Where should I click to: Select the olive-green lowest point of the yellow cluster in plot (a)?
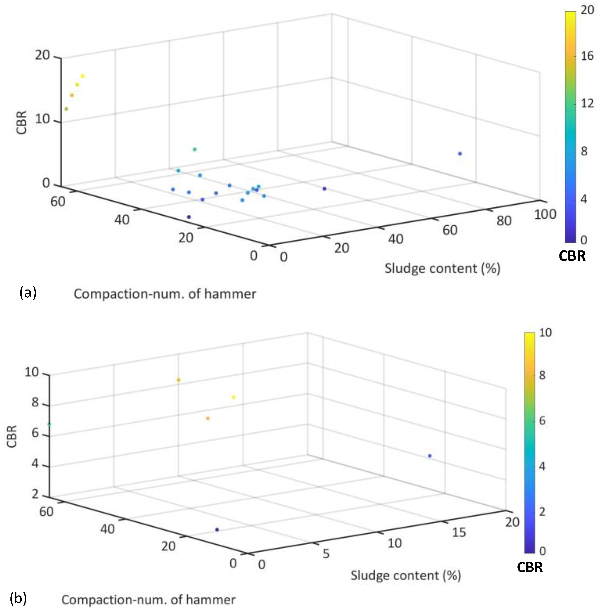pos(66,109)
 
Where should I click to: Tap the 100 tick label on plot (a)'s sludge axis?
pos(545,214)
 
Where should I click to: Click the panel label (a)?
pos(28,293)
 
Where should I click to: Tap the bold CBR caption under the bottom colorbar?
pos(530,567)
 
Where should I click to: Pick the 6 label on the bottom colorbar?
pos(542,421)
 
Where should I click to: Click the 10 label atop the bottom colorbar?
pos(546,333)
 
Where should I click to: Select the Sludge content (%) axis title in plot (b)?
pos(406,575)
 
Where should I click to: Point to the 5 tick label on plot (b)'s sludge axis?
pos(326,554)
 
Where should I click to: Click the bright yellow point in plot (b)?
pos(233,397)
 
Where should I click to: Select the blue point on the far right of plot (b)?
pos(430,456)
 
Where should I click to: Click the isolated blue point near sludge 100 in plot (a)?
pos(460,153)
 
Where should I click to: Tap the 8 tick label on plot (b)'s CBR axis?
pos(35,402)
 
